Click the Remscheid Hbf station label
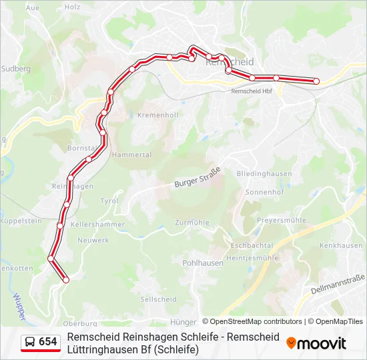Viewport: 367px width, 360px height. point(252,91)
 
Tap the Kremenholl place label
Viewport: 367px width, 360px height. point(157,115)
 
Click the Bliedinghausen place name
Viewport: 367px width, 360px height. point(264,173)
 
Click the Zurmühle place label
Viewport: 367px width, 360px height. point(192,223)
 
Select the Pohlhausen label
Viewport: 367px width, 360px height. point(203,263)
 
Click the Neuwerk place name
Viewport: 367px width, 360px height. point(93,240)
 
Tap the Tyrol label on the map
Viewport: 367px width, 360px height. point(109,201)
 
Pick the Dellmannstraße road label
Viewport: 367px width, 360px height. point(338,285)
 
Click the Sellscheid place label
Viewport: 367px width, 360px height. point(159,299)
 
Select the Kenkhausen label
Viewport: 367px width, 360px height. point(341,246)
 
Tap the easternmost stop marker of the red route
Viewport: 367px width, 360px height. point(316,81)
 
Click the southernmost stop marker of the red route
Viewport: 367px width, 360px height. point(66,281)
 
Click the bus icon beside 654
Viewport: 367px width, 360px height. point(29,342)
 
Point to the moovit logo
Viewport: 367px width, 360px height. point(316,343)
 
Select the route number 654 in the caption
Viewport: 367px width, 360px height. point(48,342)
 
